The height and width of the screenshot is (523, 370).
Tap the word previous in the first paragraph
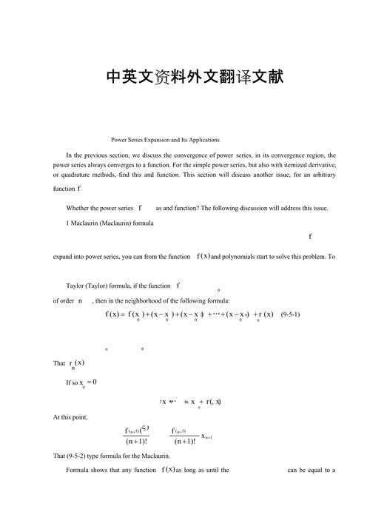106,156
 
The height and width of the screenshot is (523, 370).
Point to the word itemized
281,166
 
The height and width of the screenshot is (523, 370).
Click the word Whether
80,209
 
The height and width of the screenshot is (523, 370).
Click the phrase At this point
70,417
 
